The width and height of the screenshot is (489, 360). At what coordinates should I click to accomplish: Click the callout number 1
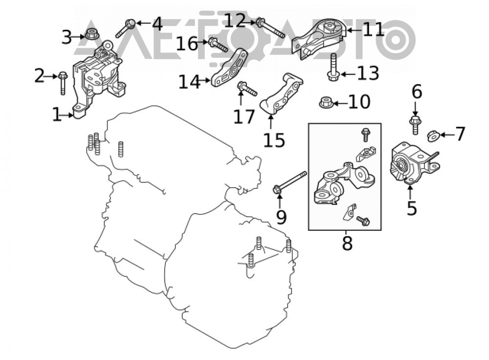(x=56, y=114)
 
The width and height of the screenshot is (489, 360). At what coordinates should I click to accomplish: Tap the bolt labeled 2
(x=63, y=83)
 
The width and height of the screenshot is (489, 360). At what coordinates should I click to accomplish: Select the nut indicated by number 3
(x=92, y=34)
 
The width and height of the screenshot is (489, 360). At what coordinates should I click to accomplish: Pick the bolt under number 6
(x=415, y=125)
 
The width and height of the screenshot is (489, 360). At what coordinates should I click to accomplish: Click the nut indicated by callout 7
(x=433, y=136)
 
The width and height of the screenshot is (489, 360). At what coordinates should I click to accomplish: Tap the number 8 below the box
(x=347, y=243)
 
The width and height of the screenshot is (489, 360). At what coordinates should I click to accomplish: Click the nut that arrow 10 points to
(x=326, y=102)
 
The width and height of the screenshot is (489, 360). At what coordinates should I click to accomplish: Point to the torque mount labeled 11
(x=319, y=39)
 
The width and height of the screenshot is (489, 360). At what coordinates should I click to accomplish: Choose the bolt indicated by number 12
(x=270, y=28)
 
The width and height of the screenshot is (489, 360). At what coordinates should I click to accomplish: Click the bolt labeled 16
(x=218, y=45)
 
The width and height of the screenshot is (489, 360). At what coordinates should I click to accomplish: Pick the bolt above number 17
(x=247, y=89)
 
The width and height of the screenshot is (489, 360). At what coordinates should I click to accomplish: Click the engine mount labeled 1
(x=97, y=80)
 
